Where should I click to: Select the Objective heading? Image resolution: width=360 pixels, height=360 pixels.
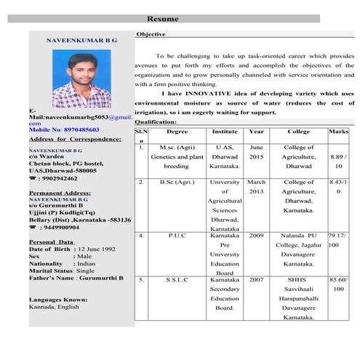point(151,34)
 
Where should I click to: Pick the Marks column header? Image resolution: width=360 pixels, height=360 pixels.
point(338,132)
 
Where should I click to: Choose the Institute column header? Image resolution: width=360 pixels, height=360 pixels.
point(225,132)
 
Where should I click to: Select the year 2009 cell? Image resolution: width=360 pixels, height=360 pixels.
point(256,236)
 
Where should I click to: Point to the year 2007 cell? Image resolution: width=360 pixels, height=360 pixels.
point(256,279)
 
